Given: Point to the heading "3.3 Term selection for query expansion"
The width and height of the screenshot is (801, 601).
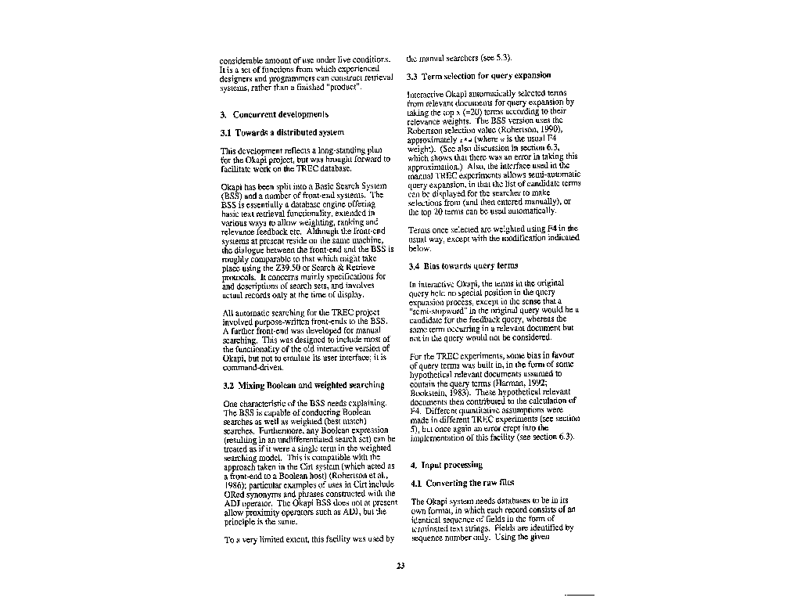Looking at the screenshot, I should [478, 76].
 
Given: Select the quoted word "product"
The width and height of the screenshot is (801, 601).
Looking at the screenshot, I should [343, 87].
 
